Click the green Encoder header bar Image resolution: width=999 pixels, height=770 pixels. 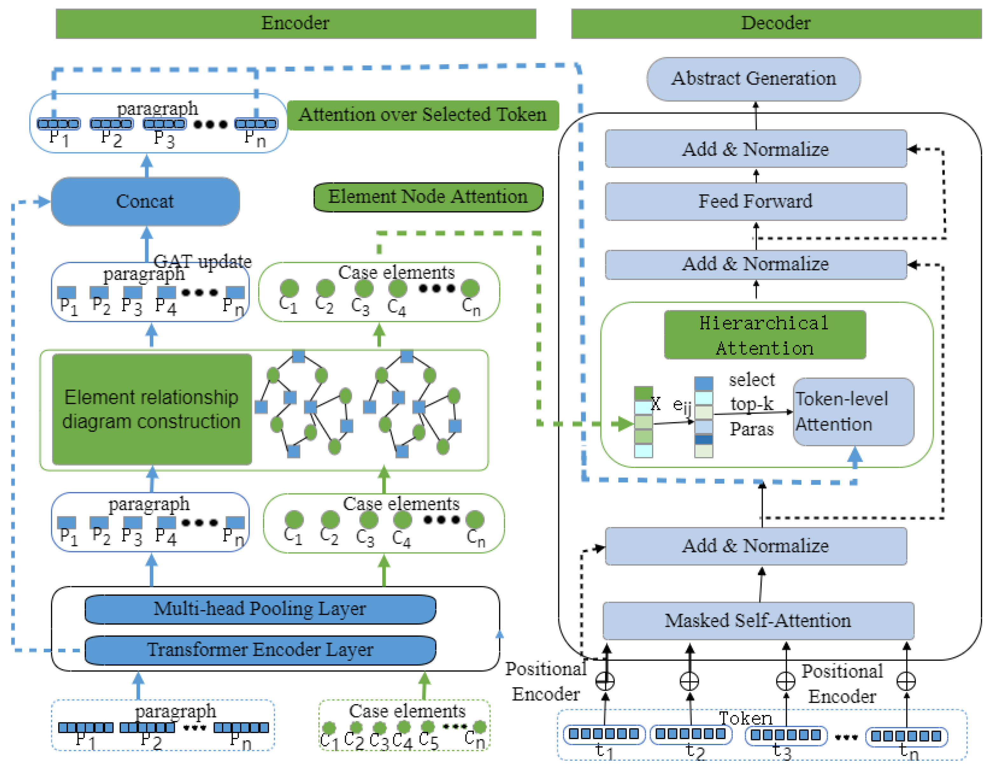click(295, 23)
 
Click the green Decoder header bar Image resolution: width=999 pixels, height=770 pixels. click(776, 23)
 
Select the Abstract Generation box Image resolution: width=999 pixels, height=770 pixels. click(753, 79)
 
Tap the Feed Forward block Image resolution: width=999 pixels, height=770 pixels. click(756, 201)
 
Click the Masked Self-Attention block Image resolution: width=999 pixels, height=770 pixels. click(758, 621)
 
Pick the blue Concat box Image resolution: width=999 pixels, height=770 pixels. click(145, 201)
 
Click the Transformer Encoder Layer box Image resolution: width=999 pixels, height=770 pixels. click(260, 650)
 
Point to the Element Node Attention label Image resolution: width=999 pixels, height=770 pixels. click(428, 197)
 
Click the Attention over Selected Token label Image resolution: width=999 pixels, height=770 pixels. click(423, 114)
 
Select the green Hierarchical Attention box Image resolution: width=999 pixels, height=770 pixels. click(764, 335)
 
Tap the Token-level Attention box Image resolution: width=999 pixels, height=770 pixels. click(853, 411)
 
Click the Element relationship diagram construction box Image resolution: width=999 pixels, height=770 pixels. click(151, 409)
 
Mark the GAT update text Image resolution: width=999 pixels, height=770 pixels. click(203, 261)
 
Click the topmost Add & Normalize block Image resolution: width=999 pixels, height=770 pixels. click(756, 149)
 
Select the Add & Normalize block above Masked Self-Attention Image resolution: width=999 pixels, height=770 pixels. click(756, 546)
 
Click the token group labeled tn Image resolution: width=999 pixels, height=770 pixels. click(906, 736)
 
